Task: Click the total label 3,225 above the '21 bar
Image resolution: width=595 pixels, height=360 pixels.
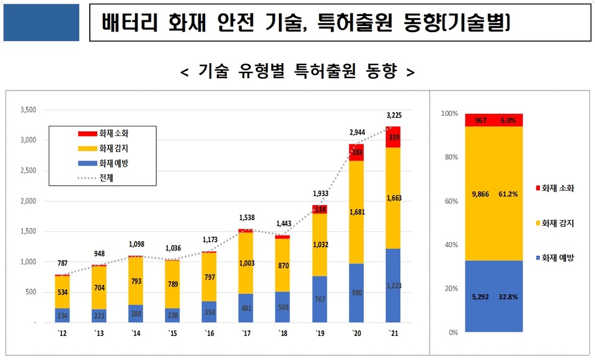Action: (394, 115)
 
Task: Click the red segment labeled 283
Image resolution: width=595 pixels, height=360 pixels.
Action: (356, 152)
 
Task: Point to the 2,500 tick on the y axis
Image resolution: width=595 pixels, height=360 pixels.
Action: (29, 170)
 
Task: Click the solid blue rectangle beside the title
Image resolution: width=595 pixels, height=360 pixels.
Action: (42, 23)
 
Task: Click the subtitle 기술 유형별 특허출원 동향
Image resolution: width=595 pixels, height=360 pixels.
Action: (297, 71)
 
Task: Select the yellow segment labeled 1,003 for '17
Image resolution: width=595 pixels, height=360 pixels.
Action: (246, 264)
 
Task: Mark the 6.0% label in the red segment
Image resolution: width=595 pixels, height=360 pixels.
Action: (508, 121)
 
